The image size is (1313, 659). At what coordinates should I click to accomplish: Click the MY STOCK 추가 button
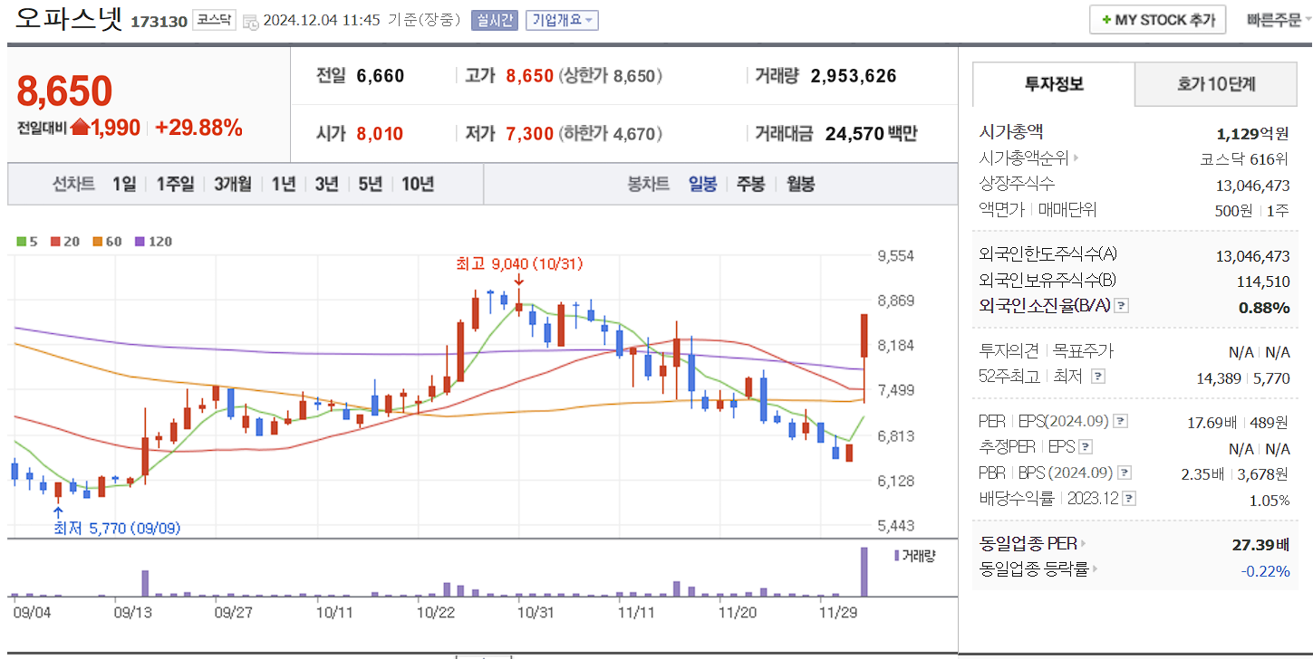1157,20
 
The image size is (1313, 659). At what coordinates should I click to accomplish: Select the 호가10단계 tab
1216,84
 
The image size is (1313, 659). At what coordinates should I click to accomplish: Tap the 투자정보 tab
1054,84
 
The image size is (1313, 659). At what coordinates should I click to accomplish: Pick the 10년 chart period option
417,184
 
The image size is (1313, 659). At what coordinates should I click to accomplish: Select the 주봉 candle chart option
750,184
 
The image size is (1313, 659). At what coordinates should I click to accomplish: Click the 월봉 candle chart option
800,184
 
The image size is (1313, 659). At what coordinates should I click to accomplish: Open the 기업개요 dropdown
562,20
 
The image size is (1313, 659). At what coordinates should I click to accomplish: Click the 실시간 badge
493,20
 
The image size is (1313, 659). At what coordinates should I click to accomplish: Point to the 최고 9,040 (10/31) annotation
519,264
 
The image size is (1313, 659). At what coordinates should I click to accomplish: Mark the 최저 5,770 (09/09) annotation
117,528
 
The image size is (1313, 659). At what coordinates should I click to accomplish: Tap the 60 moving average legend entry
108,242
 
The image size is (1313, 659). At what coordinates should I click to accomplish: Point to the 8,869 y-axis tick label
895,301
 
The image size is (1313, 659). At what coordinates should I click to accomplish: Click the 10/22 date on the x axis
435,612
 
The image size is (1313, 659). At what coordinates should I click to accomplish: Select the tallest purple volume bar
864,571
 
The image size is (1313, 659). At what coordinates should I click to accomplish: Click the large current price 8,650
64,91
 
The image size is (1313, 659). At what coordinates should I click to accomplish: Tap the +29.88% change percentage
198,128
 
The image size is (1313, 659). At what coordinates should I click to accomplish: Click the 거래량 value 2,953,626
854,76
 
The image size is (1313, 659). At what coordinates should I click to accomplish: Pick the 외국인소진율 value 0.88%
1263,308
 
